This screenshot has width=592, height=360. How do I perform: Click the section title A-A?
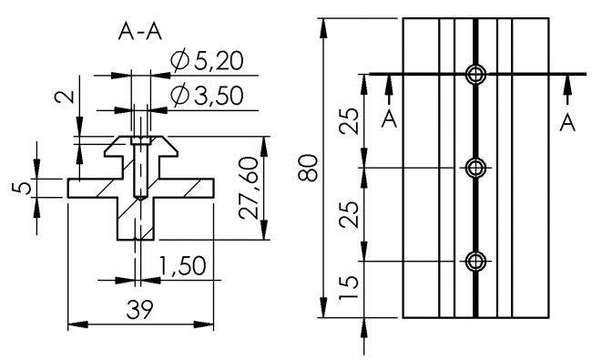[140, 32]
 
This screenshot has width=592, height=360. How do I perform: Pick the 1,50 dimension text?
[181, 265]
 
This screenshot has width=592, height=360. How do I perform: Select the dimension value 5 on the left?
[24, 188]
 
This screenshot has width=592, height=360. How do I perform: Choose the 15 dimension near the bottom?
[349, 289]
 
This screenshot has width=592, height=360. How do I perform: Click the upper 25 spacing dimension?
[349, 120]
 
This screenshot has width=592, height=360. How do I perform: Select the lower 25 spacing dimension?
[349, 214]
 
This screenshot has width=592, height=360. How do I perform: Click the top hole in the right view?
[475, 74]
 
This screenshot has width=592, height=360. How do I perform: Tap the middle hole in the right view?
[475, 168]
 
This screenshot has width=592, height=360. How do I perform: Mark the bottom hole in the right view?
[475, 262]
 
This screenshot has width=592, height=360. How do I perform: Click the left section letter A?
[389, 121]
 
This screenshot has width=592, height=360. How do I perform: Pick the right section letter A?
[567, 121]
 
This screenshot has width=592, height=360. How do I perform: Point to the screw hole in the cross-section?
[138, 169]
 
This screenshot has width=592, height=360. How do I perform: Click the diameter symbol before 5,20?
[179, 62]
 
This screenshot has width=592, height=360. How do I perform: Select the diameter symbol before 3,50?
[179, 96]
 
